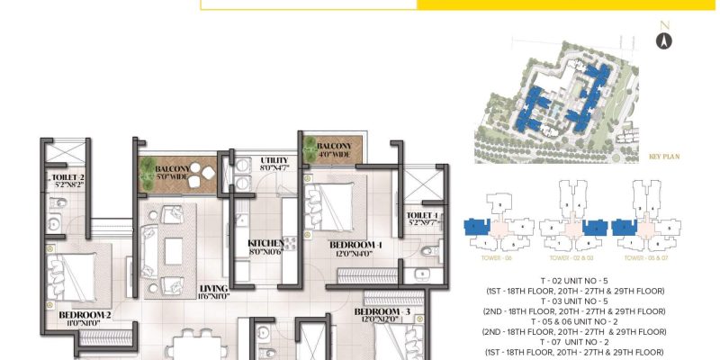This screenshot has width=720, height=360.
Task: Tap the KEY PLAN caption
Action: click(x=663, y=157)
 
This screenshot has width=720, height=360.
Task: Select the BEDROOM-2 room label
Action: click(x=85, y=315)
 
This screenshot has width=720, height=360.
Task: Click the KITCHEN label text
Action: click(x=267, y=243)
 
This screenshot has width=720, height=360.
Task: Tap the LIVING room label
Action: click(x=215, y=289)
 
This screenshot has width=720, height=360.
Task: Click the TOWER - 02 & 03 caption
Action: click(x=580, y=258)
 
